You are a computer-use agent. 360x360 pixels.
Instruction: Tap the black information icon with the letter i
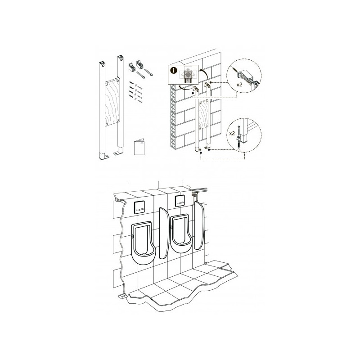174,70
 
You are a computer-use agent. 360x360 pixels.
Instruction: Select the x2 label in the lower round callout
232,134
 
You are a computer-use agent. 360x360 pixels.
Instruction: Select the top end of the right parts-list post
119,58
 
